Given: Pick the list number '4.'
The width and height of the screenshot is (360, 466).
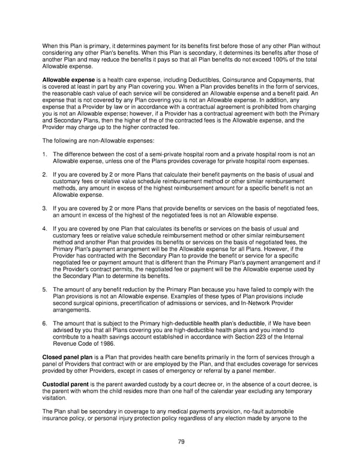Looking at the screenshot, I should pos(45,229).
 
